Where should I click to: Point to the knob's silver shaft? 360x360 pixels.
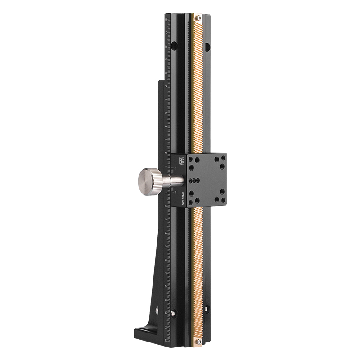click(x=174, y=180)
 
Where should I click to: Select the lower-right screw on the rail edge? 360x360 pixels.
click(x=207, y=309)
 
